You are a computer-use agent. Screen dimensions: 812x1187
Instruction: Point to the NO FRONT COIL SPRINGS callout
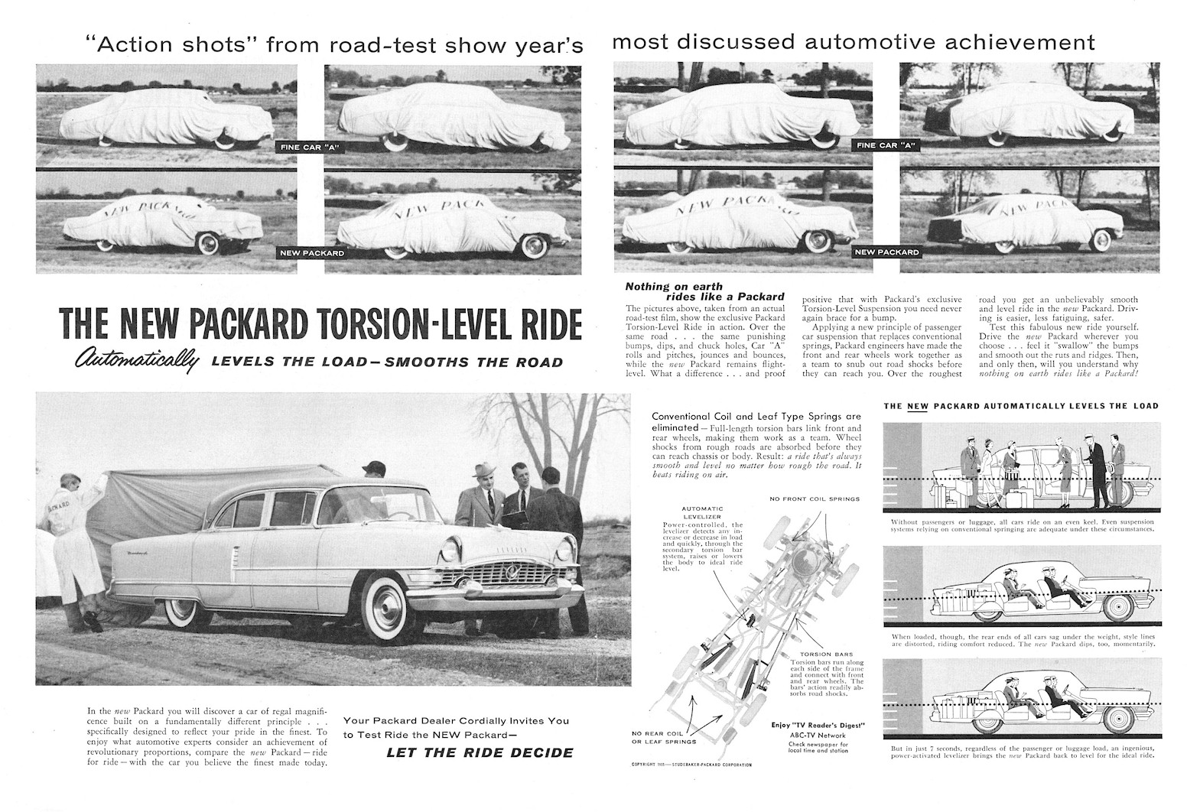pos(815,499)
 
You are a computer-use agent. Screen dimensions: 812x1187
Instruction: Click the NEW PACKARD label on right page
pos(886,252)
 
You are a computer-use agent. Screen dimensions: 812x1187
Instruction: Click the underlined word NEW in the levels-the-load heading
pos(916,406)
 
